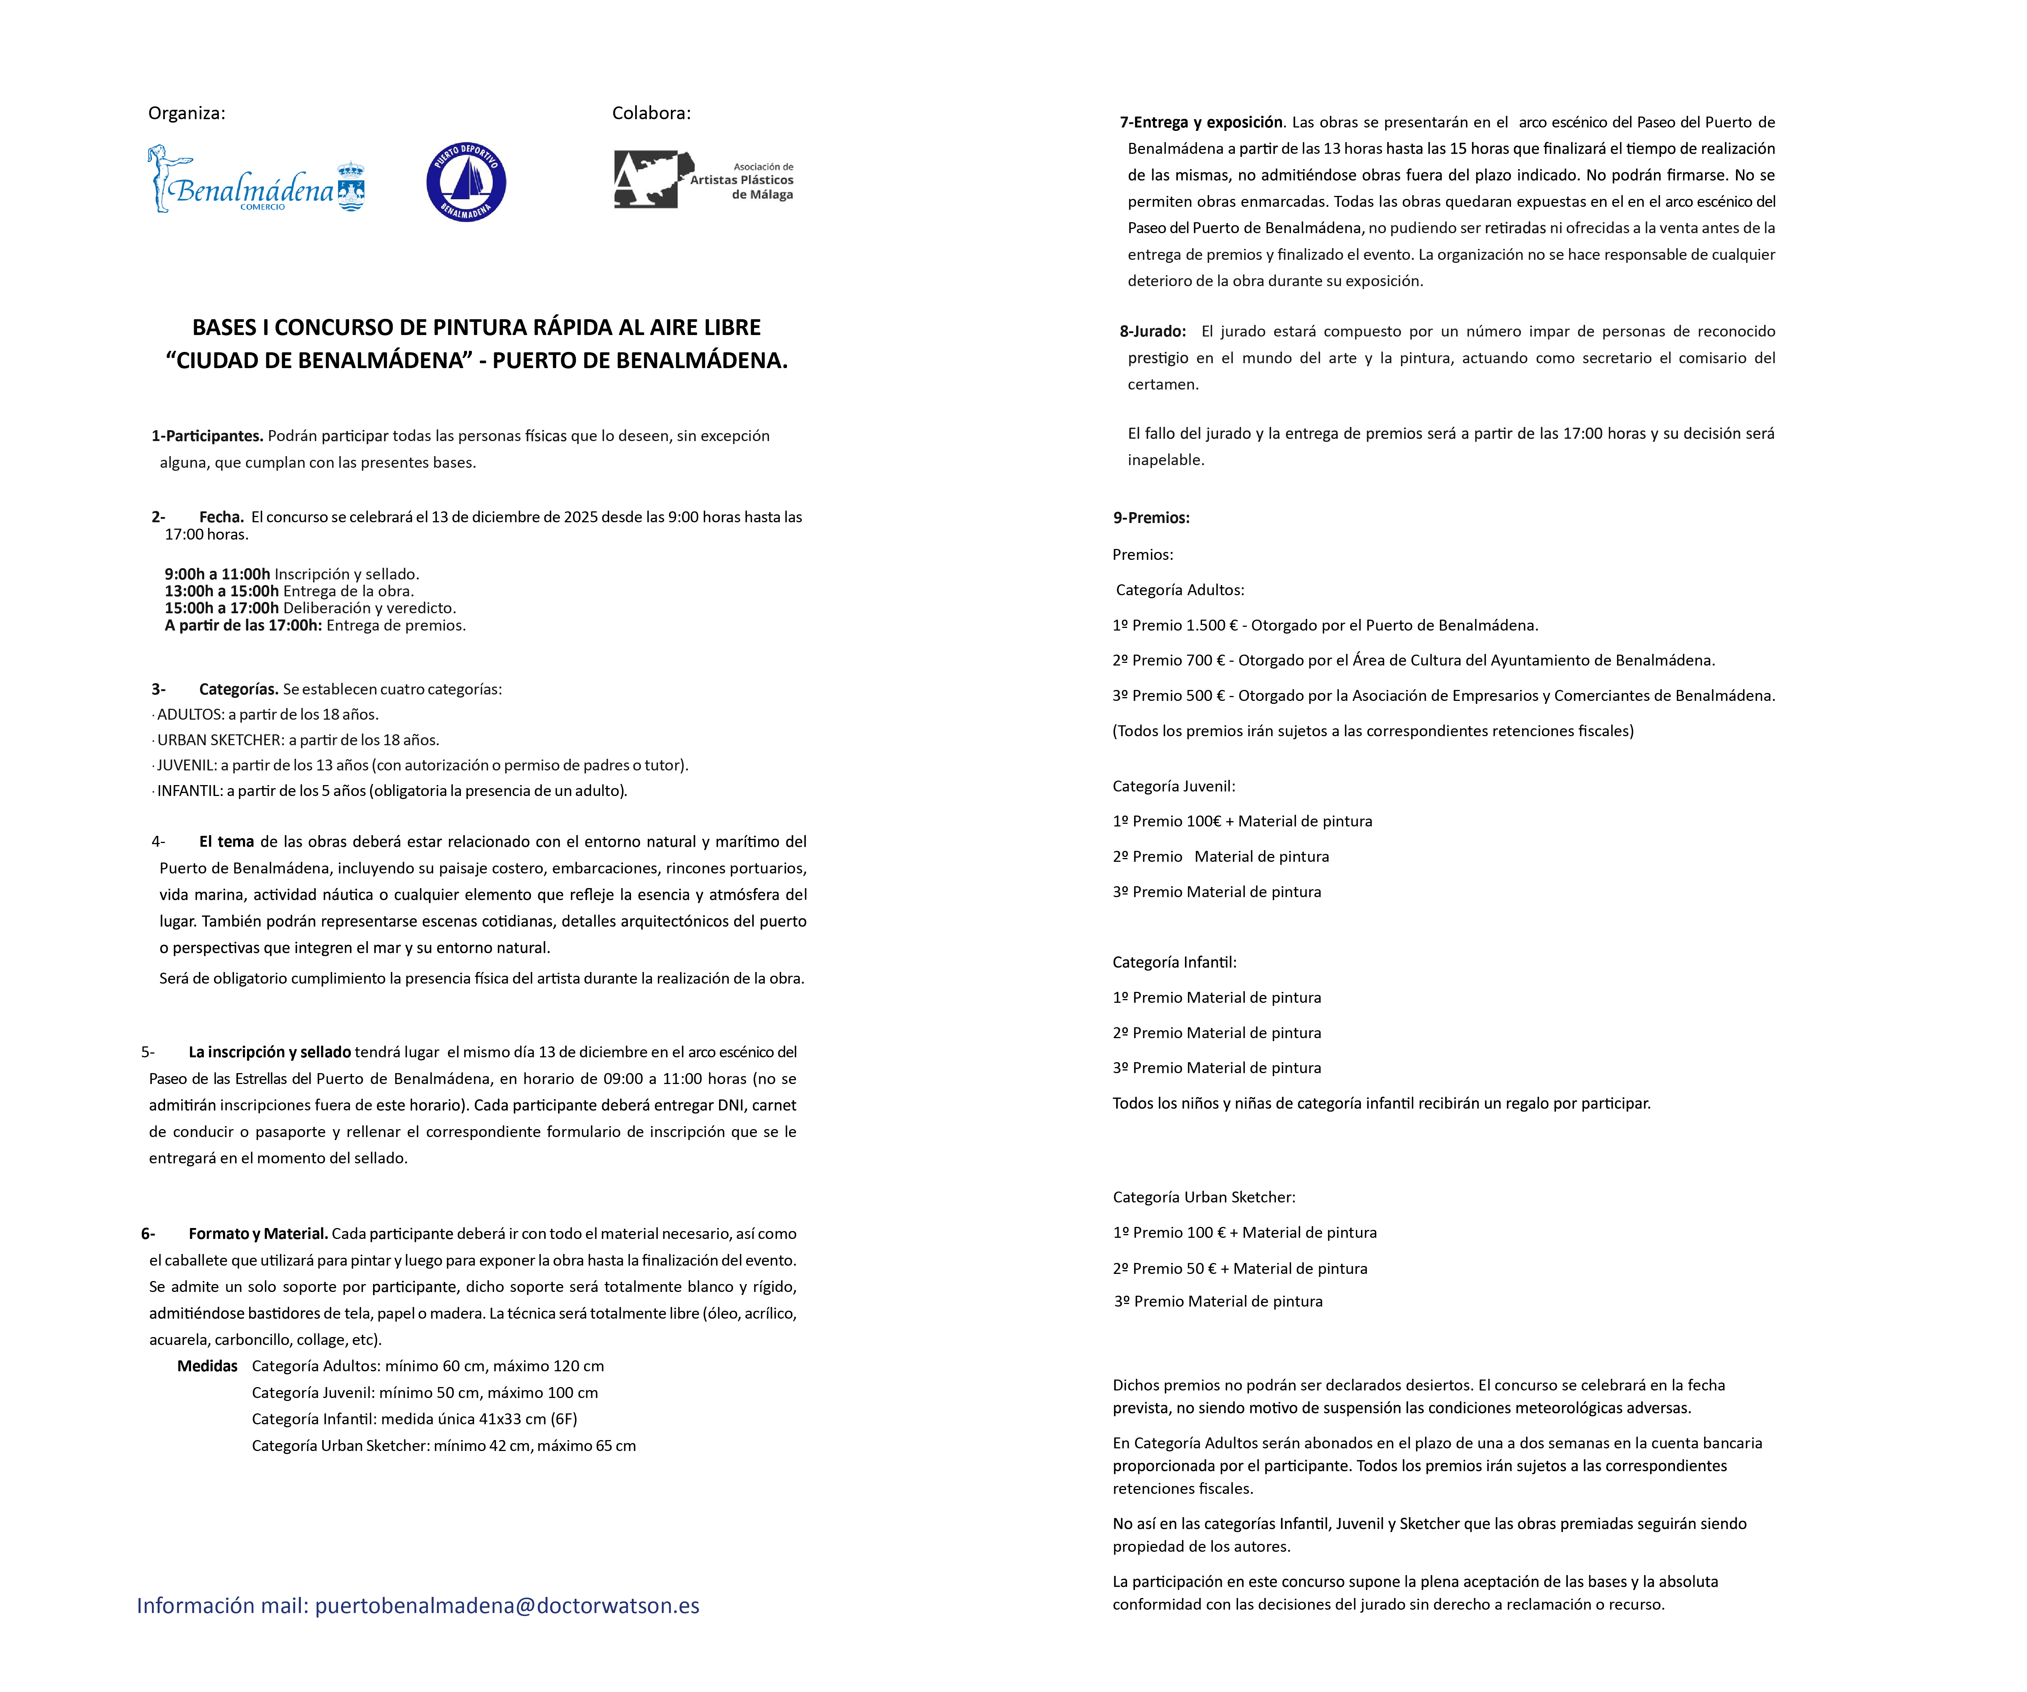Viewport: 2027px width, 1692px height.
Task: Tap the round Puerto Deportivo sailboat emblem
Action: coord(466,182)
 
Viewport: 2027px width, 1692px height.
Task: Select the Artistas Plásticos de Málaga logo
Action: coord(704,179)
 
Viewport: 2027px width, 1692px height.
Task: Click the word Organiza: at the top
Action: coord(186,113)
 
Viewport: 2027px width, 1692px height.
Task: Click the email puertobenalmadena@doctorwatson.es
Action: coord(507,1605)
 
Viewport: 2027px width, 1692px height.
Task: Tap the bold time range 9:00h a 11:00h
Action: coord(217,574)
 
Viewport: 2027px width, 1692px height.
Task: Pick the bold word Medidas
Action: coord(208,1366)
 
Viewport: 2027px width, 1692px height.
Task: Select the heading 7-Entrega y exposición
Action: coord(1202,123)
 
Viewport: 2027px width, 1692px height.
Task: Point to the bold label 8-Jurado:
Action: coord(1153,331)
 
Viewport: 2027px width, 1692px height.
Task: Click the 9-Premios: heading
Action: coord(1150,517)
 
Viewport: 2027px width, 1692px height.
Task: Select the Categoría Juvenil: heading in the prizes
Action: coord(1174,786)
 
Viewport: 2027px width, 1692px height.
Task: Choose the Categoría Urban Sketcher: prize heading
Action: coord(1204,1197)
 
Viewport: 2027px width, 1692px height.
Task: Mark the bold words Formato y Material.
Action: coord(258,1234)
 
